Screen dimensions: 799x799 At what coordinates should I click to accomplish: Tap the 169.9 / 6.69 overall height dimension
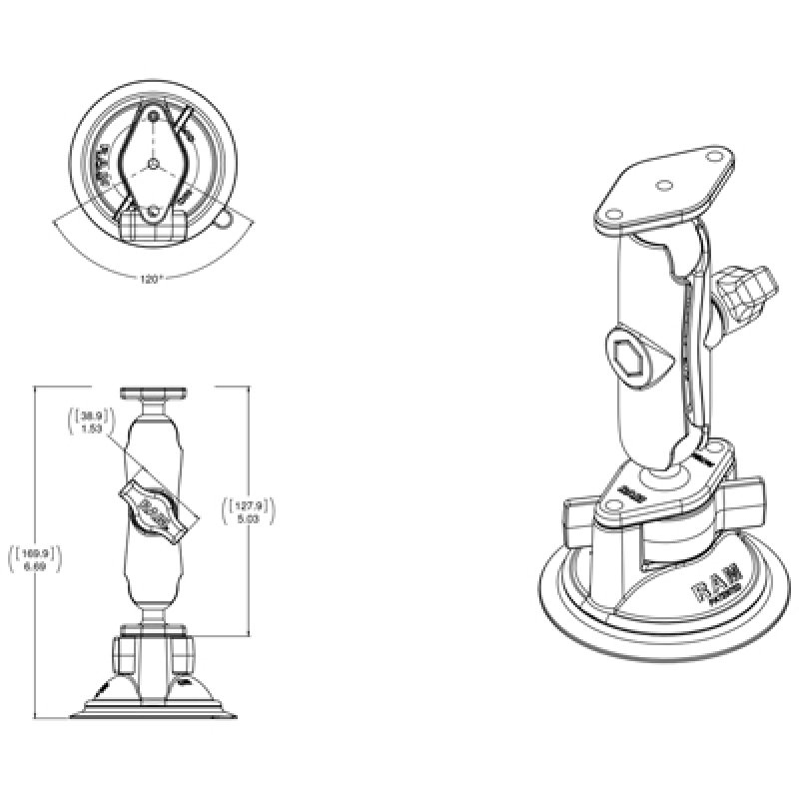click(x=35, y=558)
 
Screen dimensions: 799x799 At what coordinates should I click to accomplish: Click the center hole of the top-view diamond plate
click(x=152, y=162)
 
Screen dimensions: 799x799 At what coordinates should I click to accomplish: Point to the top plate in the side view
click(x=152, y=395)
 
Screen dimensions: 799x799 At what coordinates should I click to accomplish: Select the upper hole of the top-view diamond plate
click(x=152, y=118)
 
